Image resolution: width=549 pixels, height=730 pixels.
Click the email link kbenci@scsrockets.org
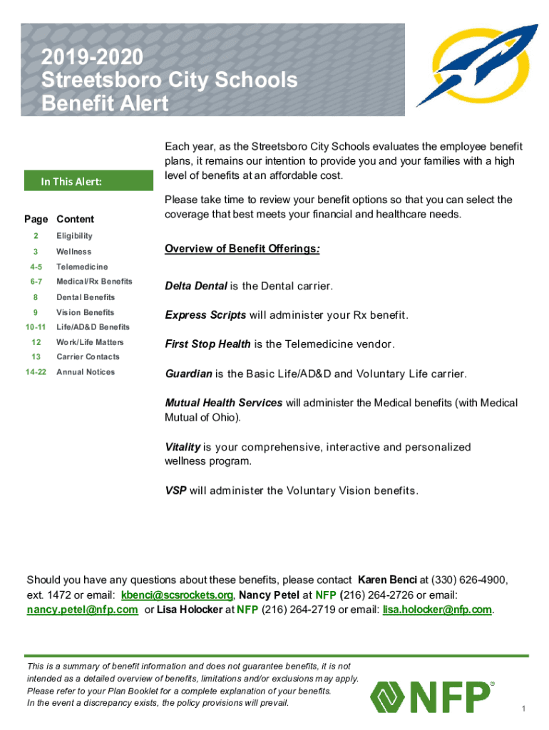[177, 595]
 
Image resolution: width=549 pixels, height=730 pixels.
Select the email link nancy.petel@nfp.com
[82, 610]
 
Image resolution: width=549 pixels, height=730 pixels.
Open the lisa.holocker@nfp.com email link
[437, 610]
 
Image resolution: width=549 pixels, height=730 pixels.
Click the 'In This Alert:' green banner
[89, 181]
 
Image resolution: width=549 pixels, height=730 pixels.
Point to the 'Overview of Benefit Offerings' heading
[242, 249]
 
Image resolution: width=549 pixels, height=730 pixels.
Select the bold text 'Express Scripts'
[205, 315]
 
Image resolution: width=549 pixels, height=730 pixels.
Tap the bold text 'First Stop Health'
[207, 344]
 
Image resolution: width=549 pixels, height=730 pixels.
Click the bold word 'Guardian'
[188, 374]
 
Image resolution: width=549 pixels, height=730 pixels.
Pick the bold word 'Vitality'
[183, 447]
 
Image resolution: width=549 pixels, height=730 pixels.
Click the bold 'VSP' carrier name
[175, 490]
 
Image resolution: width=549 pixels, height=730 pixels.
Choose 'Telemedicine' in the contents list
[82, 267]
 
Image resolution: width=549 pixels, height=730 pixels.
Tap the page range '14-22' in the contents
[35, 372]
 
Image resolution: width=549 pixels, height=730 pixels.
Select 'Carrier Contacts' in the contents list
[88, 356]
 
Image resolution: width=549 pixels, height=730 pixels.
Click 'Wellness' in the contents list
[73, 252]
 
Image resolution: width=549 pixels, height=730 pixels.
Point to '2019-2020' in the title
[92, 57]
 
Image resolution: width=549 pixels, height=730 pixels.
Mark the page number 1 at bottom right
[523, 708]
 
